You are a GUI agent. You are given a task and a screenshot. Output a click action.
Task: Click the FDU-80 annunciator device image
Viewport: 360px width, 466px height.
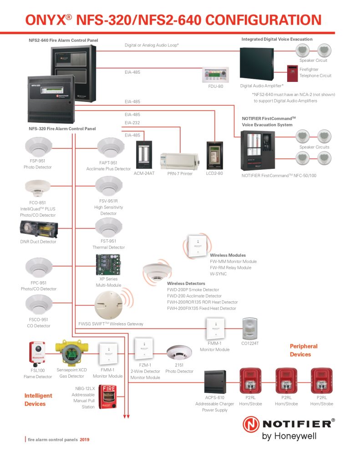(216, 75)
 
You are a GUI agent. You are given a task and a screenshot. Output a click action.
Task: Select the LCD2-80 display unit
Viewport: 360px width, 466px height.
(215, 156)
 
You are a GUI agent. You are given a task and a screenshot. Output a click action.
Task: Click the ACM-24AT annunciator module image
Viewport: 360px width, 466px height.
(144, 155)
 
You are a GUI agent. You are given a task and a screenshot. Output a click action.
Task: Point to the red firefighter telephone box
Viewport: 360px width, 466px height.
(292, 73)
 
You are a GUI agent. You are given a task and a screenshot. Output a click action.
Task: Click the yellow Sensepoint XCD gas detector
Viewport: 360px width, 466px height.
(71, 353)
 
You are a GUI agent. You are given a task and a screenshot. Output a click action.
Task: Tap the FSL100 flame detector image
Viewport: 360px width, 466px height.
(37, 353)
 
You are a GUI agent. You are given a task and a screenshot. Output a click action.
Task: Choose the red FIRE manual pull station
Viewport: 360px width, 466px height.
(107, 397)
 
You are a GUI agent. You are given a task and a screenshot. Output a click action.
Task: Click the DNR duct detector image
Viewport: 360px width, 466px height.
(39, 229)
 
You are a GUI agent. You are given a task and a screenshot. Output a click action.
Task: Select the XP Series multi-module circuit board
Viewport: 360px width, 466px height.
(108, 264)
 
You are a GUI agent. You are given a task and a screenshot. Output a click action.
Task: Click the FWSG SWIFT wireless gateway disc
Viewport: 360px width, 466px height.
(108, 305)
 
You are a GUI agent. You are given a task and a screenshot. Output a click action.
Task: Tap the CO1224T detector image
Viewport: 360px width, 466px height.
(250, 329)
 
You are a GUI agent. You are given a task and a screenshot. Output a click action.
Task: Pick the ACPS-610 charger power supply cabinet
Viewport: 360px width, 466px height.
(215, 382)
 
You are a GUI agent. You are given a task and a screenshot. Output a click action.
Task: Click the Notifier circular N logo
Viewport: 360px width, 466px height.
(251, 424)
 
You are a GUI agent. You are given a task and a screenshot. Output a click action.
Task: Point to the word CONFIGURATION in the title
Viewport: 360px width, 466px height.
(264, 20)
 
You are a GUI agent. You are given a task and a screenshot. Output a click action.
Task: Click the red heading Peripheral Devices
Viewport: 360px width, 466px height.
(304, 350)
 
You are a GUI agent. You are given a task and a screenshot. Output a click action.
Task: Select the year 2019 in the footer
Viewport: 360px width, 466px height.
(85, 440)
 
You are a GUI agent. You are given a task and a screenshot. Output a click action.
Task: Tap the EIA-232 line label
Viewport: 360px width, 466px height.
(132, 122)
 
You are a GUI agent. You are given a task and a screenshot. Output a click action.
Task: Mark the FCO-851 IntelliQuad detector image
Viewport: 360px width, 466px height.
(38, 188)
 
